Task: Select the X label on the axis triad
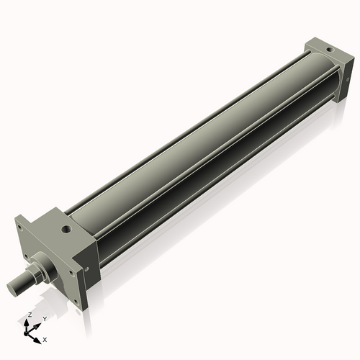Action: point(45,338)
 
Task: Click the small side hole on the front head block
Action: point(87,269)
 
